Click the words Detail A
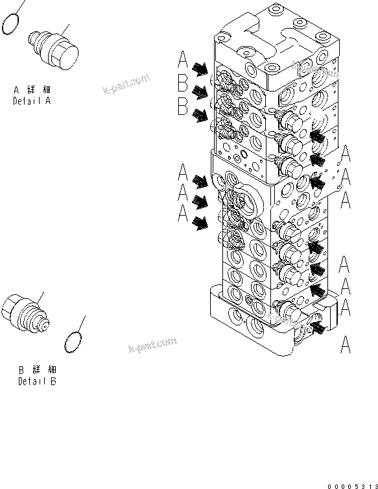[32, 101]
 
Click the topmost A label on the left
[183, 62]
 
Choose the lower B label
[183, 106]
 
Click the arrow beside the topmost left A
[201, 68]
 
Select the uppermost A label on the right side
[346, 153]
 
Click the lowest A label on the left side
[183, 213]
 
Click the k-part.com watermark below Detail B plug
[152, 345]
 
